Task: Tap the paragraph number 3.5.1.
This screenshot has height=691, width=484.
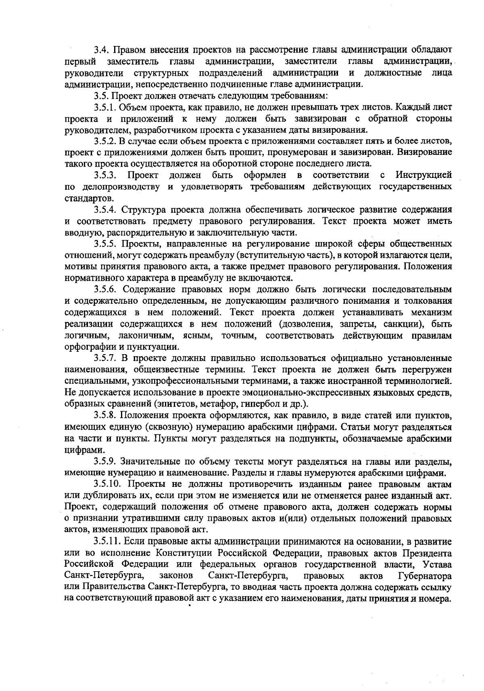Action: point(106,108)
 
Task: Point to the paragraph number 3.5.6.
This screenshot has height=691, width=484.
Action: point(106,290)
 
